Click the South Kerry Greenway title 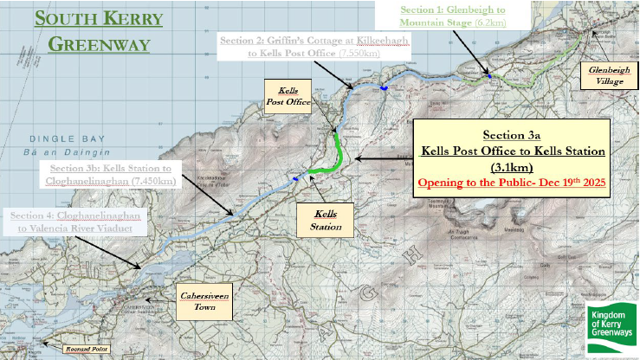[98, 30]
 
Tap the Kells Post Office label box [288, 96]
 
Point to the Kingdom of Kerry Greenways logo [612, 330]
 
